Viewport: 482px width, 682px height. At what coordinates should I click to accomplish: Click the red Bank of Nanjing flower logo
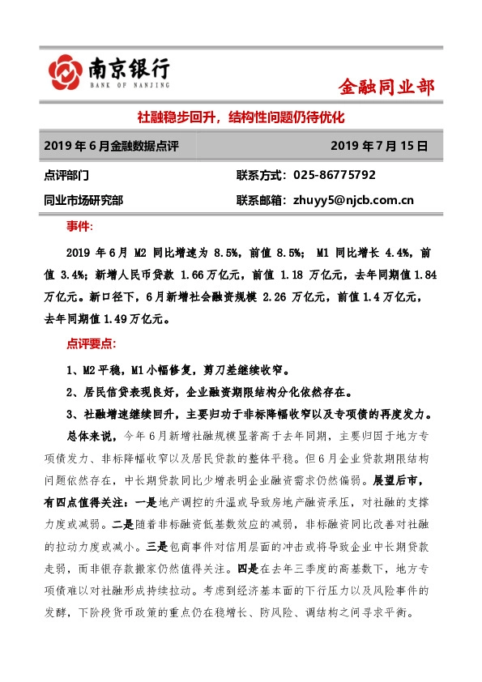click(x=64, y=72)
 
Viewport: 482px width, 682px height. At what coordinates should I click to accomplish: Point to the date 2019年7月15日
click(x=379, y=147)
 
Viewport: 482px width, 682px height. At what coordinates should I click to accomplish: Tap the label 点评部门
click(x=68, y=175)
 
